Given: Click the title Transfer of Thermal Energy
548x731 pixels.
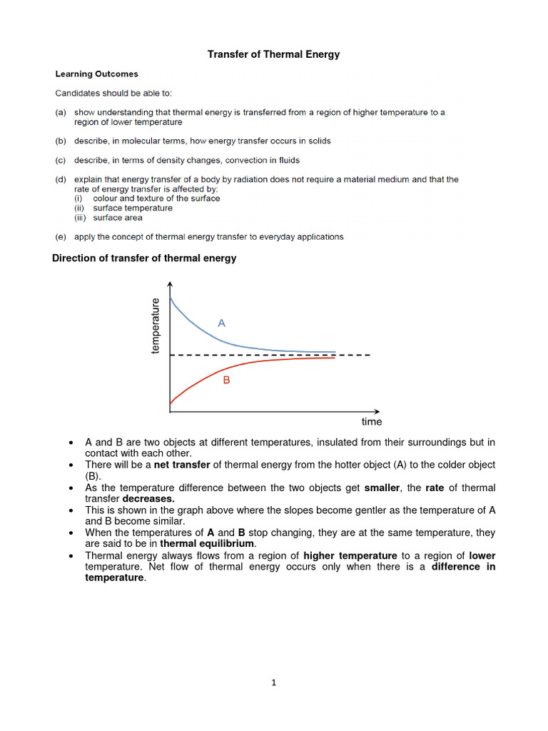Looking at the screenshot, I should pyautogui.click(x=273, y=54).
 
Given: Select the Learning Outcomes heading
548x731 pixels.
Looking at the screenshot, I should pyautogui.click(x=97, y=74).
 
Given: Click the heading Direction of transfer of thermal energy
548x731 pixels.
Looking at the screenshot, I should pyautogui.click(x=144, y=258).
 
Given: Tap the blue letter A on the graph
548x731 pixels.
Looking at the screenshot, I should pyautogui.click(x=221, y=323).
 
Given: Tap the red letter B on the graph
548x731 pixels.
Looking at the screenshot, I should pyautogui.click(x=226, y=380).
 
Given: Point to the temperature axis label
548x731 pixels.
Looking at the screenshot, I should pyautogui.click(x=156, y=326).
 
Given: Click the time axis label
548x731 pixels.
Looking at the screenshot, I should pyautogui.click(x=371, y=422).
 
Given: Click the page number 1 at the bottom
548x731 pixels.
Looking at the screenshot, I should pyautogui.click(x=273, y=682).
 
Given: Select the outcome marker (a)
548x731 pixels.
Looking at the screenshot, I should pyautogui.click(x=62, y=112).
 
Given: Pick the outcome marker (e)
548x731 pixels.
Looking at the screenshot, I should pyautogui.click(x=62, y=236).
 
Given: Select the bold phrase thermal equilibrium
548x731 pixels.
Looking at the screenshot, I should pyautogui.click(x=212, y=544).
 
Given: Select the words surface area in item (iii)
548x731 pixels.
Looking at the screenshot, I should pyautogui.click(x=118, y=218).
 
